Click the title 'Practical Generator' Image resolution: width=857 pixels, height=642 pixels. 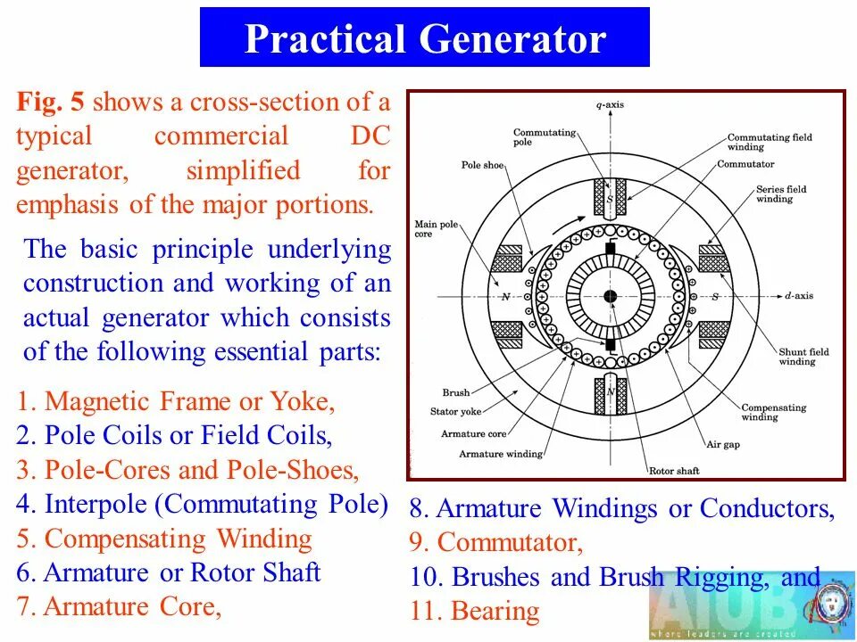(x=425, y=40)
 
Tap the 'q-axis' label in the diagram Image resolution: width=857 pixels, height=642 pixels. (x=610, y=105)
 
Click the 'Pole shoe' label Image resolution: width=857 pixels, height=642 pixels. (x=483, y=165)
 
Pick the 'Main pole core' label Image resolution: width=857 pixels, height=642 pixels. (x=436, y=229)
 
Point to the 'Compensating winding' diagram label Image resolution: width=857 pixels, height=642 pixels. (x=773, y=412)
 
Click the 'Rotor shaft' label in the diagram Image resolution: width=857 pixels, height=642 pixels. (x=674, y=471)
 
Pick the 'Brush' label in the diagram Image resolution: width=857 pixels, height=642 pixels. (x=455, y=392)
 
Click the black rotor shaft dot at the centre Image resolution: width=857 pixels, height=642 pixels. (x=611, y=295)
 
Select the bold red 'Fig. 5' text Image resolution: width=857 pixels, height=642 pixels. (x=50, y=102)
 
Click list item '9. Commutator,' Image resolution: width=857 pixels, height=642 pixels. (x=496, y=542)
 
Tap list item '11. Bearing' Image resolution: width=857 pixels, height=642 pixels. (x=475, y=612)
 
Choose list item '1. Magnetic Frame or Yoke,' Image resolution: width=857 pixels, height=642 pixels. (x=176, y=401)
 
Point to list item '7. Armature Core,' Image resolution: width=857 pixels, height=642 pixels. (x=119, y=606)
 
